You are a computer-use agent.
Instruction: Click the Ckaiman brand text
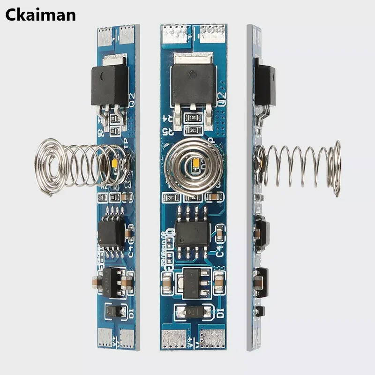pos(40,15)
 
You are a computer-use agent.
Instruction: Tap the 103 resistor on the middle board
pos(193,118)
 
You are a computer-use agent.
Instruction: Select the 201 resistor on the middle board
pos(193,130)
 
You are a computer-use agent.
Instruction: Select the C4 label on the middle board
pos(221,248)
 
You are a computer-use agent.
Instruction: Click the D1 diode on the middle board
pos(192,311)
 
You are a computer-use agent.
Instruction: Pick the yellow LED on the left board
pos(115,164)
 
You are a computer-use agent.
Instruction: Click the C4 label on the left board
pos(131,249)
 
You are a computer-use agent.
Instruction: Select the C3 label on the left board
pos(127,185)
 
